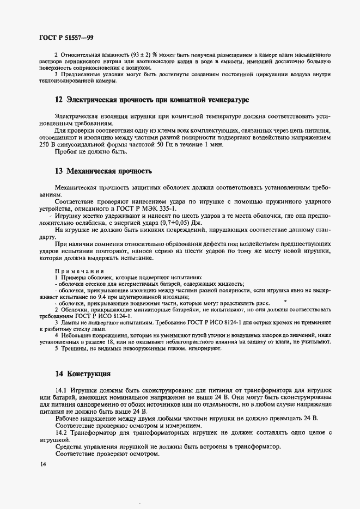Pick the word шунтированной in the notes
pos(150,297)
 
